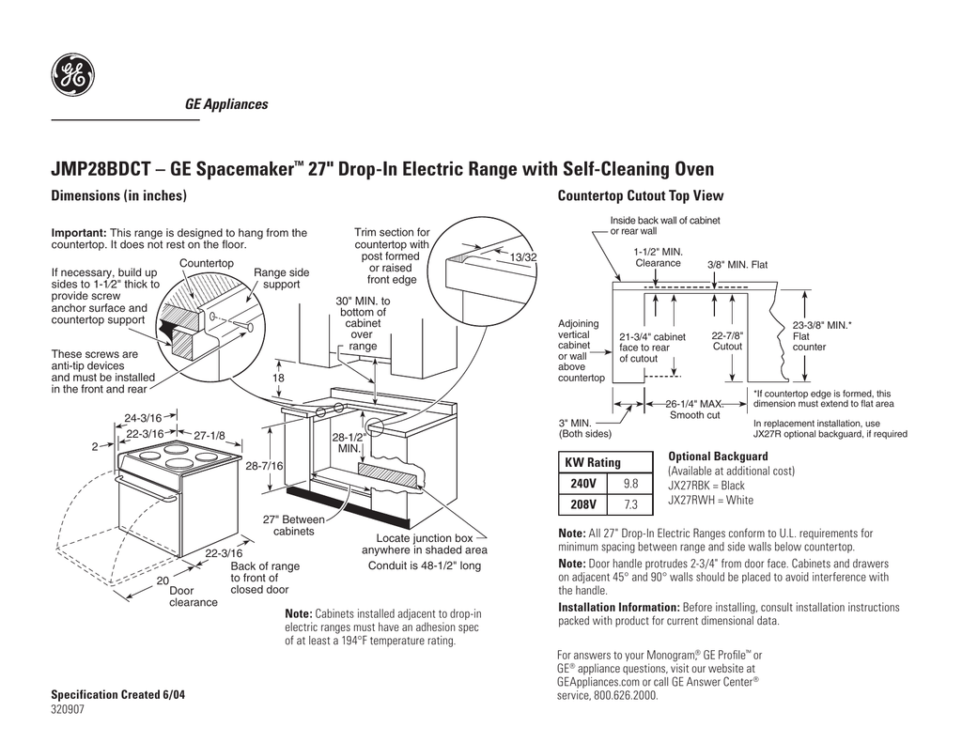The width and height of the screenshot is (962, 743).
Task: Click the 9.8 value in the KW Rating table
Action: click(629, 484)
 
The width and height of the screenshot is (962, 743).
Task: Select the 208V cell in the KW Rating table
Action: click(583, 505)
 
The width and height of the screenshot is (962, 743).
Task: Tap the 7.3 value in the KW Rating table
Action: click(629, 505)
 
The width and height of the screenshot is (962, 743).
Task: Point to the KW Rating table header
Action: click(592, 462)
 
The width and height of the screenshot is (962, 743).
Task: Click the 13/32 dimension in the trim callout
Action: click(523, 257)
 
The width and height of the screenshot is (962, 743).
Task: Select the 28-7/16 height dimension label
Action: click(264, 466)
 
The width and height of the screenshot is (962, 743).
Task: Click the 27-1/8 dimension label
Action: click(210, 434)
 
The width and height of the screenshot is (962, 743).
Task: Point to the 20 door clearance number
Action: click(163, 580)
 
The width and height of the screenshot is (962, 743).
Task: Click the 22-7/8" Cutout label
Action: click(728, 341)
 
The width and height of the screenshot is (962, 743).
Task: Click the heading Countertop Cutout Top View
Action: click(641, 196)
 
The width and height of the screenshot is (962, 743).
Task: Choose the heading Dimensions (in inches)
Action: click(118, 196)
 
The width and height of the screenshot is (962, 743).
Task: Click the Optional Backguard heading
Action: click(718, 457)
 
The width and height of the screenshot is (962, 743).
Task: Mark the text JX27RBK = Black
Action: click(706, 486)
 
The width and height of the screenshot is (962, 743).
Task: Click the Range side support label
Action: click(281, 278)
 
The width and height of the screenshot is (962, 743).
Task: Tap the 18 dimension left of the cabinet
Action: click(278, 378)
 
